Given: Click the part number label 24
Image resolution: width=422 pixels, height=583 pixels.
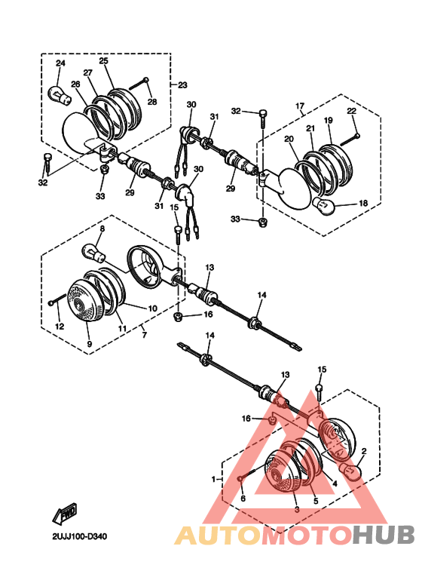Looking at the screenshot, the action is click(x=60, y=63).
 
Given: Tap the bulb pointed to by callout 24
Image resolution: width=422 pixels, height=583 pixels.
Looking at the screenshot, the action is click(x=60, y=94).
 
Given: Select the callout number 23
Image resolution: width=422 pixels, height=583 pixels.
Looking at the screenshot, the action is click(x=182, y=85).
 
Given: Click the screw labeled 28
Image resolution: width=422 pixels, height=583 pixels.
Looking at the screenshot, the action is click(x=139, y=84).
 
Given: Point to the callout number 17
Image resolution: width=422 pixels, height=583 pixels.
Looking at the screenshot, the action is click(x=300, y=106).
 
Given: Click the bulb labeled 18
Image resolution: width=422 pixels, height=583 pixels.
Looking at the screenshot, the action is click(x=324, y=206).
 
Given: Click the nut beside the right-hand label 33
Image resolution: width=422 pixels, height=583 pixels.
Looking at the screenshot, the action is click(x=263, y=222).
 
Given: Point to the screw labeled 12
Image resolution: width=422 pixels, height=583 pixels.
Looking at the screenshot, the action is click(x=57, y=299).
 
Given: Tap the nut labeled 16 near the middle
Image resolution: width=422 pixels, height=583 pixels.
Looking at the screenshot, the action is click(x=179, y=318).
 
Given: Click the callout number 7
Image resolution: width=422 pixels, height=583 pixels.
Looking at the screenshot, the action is click(x=145, y=335).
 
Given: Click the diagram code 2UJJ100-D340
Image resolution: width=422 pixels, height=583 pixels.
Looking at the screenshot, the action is click(x=79, y=536).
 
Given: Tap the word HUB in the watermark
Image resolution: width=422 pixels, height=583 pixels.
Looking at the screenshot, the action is click(x=383, y=535).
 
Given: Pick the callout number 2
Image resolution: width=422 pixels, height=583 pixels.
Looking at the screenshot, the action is click(x=364, y=451).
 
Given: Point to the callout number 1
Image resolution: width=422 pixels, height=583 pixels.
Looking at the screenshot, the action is click(x=213, y=479).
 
